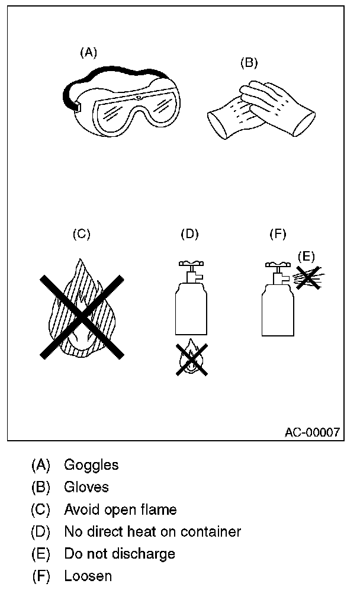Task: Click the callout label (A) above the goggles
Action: pos(88,53)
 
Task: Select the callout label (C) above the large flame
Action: pos(81,234)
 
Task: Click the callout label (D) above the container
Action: pos(189,234)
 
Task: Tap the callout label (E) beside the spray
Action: pos(306,256)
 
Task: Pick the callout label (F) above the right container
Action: pos(278,234)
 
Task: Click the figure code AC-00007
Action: pos(312,432)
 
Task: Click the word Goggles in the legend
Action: pos(91,465)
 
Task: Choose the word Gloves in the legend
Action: pos(86,487)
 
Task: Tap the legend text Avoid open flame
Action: pos(120,509)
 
